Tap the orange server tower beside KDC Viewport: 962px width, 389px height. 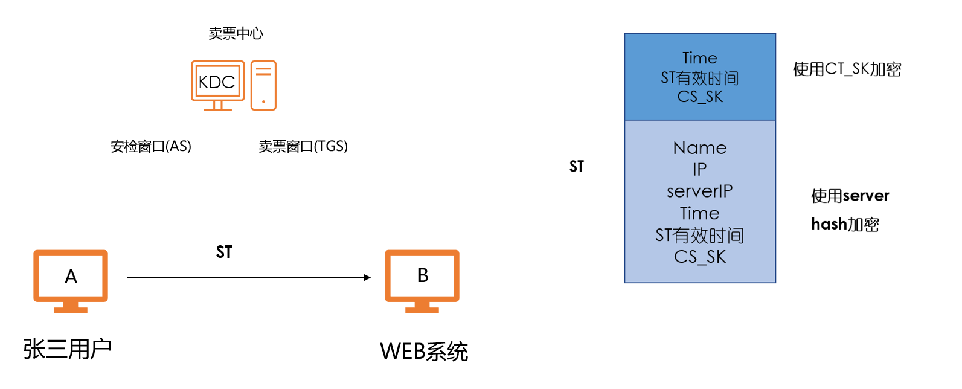click(263, 85)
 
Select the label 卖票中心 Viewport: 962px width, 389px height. click(236, 34)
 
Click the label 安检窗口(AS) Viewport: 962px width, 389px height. click(150, 146)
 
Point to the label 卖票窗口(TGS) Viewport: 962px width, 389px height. click(303, 146)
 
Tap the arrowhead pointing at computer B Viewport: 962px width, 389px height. click(367, 277)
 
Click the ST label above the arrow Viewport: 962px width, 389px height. click(224, 252)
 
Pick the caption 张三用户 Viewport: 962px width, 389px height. click(67, 349)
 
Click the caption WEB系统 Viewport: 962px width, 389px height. click(423, 352)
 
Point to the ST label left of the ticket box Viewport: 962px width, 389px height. click(577, 167)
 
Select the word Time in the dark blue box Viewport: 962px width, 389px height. click(699, 58)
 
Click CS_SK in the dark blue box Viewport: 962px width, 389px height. click(699, 97)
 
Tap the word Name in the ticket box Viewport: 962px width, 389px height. click(699, 148)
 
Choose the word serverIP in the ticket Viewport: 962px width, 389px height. click(699, 191)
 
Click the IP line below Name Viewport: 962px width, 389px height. click(699, 170)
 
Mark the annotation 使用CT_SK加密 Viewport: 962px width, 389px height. click(847, 69)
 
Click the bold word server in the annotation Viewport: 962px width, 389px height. click(867, 196)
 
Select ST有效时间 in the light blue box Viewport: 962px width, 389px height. click(699, 235)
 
